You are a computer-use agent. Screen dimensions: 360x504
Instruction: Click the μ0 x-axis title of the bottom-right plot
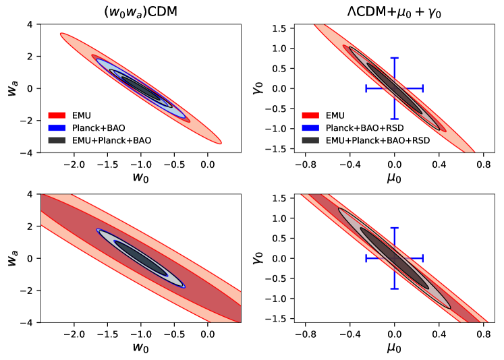(395, 348)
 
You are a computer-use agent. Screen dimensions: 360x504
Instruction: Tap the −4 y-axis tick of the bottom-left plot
(31, 323)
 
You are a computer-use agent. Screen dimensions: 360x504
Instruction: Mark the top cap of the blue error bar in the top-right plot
(395, 58)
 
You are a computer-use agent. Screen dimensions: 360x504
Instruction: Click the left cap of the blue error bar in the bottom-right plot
(366, 258)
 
